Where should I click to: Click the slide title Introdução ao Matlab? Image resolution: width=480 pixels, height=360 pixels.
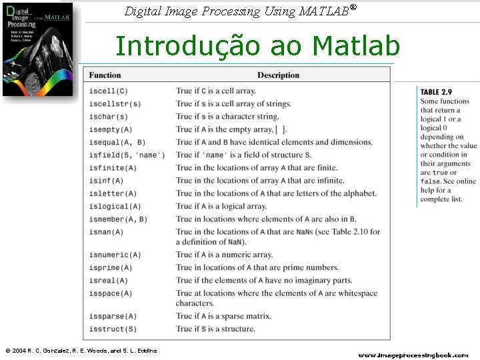click(257, 46)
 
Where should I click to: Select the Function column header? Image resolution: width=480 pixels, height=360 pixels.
click(105, 75)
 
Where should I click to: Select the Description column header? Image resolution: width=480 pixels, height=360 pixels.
click(278, 75)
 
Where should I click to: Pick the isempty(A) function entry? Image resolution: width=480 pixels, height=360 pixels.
click(111, 129)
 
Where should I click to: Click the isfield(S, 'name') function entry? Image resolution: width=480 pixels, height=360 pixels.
click(127, 155)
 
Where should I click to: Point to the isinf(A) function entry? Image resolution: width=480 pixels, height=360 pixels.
click(106, 181)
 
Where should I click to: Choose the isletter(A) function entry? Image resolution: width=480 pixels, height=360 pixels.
click(113, 193)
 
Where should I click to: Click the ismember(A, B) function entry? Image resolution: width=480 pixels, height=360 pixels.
click(118, 219)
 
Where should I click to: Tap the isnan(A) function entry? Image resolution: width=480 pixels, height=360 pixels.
click(106, 232)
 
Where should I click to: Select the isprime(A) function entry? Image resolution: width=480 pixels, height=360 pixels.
click(111, 268)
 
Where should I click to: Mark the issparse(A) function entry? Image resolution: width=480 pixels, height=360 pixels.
click(113, 316)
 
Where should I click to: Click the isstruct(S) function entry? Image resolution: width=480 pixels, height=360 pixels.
click(113, 329)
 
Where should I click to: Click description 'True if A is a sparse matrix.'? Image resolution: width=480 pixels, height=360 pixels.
click(223, 316)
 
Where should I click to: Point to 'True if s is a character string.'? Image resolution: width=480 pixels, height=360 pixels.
click(227, 117)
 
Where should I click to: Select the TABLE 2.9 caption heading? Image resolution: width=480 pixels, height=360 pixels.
click(436, 92)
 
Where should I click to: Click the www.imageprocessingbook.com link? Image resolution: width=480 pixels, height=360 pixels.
click(413, 355)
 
